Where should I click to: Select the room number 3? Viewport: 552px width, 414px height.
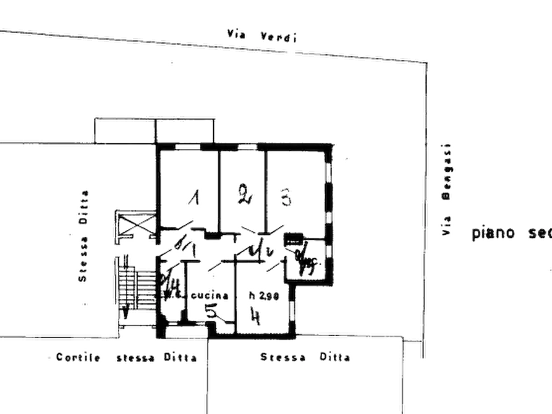[x=286, y=198]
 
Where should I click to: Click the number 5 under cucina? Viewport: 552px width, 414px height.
[x=211, y=313]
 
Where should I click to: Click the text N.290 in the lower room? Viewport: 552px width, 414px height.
[x=265, y=297]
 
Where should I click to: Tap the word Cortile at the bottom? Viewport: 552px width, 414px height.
[x=77, y=357]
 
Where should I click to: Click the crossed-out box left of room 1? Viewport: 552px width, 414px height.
[x=135, y=222]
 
